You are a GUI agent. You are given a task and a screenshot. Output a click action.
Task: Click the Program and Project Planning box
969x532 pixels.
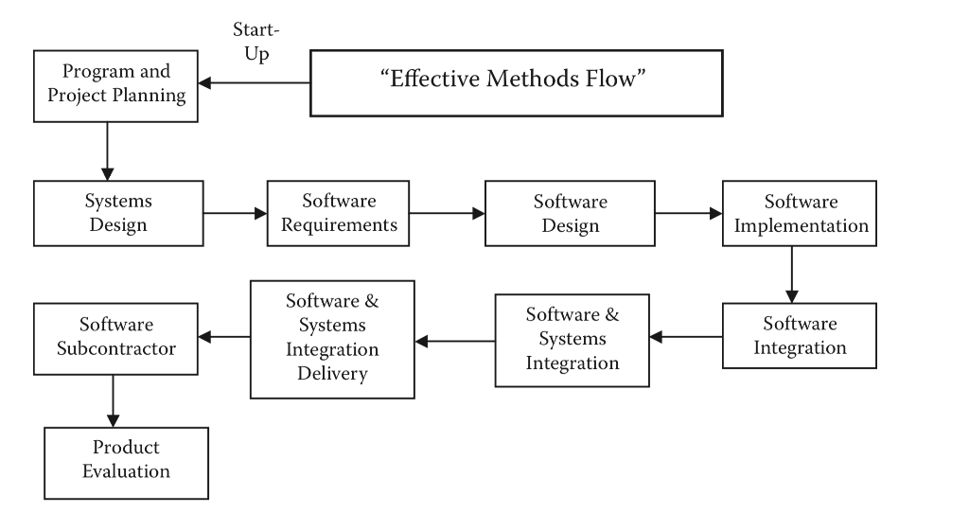(x=116, y=85)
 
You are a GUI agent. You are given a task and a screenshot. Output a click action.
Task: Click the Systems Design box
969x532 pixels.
(x=118, y=214)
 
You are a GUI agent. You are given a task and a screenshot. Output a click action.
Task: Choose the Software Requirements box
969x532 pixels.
(x=338, y=214)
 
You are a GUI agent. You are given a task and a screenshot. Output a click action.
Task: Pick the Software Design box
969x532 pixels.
(x=570, y=214)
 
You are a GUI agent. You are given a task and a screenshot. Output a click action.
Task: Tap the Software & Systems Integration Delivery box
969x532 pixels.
(x=333, y=338)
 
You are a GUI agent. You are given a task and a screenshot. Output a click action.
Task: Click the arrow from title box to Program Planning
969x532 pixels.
(x=255, y=83)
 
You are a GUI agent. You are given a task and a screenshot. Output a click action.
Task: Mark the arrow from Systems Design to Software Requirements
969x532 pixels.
(x=236, y=214)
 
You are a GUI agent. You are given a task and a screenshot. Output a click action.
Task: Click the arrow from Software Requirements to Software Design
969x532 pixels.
(x=447, y=214)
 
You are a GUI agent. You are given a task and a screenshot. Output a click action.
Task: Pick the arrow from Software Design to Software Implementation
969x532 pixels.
(x=689, y=214)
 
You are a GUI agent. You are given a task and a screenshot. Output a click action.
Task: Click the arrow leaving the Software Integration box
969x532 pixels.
(x=685, y=336)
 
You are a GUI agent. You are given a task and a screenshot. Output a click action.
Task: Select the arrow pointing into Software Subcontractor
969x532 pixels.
(x=224, y=336)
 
